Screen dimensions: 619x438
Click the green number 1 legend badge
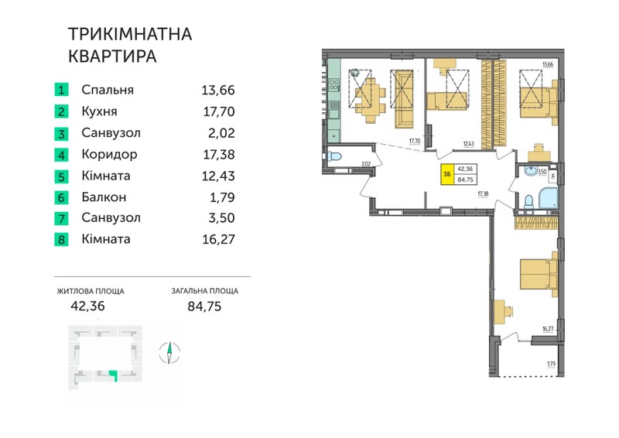(x=61, y=90)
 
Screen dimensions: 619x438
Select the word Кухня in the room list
(x=99, y=111)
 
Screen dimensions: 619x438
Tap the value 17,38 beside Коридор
(x=219, y=155)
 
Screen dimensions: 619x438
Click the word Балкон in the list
(x=104, y=197)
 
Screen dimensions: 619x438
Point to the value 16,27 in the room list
(x=218, y=239)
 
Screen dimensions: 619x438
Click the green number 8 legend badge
(x=61, y=239)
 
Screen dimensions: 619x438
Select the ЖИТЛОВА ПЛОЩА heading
(x=91, y=292)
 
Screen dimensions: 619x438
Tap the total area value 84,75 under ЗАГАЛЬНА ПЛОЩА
(x=204, y=306)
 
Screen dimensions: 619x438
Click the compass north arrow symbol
(x=169, y=352)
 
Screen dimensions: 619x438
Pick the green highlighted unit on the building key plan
(x=115, y=374)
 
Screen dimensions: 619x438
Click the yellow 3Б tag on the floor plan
(x=447, y=174)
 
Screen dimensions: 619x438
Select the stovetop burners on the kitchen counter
(x=334, y=84)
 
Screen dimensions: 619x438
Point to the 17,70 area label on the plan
(x=415, y=141)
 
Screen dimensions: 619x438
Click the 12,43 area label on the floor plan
(x=469, y=144)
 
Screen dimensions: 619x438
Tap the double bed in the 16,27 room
(x=539, y=274)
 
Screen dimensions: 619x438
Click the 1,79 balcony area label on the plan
(x=551, y=364)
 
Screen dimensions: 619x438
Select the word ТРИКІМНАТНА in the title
(x=130, y=34)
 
